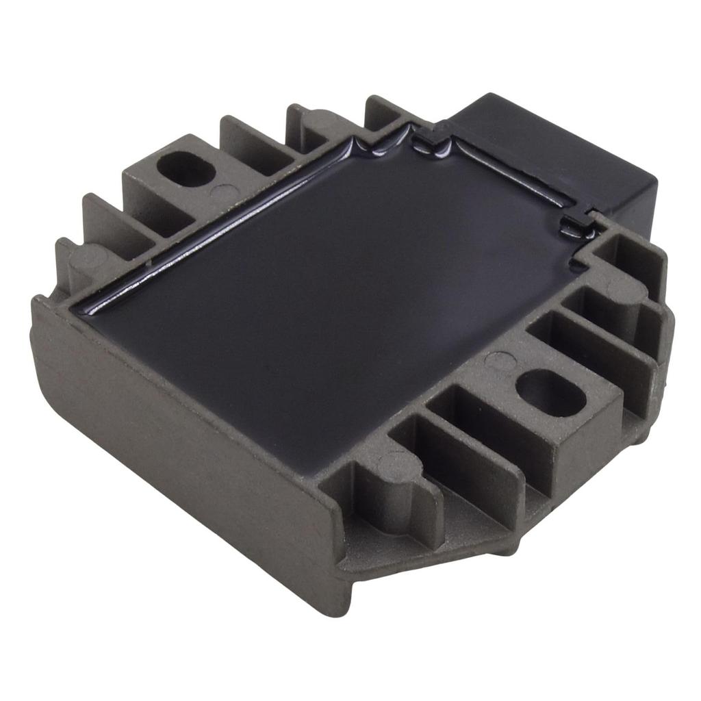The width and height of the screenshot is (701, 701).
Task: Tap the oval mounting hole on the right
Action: coord(550,393)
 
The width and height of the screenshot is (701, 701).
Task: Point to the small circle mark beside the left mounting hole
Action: coord(222,192)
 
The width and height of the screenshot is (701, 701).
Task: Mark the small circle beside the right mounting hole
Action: coord(499,361)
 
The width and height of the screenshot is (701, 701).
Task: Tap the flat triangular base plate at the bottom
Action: coord(438,541)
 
